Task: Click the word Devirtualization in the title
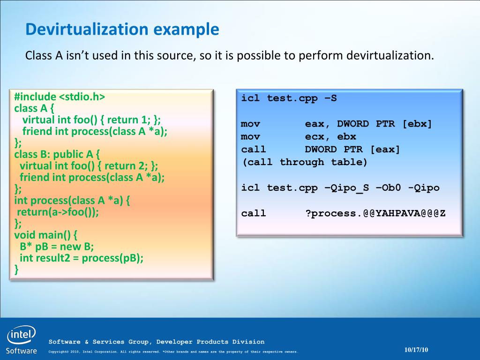pyautogui.click(x=87, y=29)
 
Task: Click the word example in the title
pyautogui.click(x=186, y=30)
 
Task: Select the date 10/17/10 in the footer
pyautogui.click(x=416, y=350)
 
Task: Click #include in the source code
pyautogui.click(x=35, y=97)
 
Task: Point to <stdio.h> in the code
pyautogui.click(x=82, y=97)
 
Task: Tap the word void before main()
pyautogui.click(x=25, y=235)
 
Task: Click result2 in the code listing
pyautogui.click(x=53, y=258)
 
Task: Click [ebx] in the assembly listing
pyautogui.click(x=417, y=124)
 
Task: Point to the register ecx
pyautogui.click(x=315, y=136)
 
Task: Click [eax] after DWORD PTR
pyautogui.click(x=385, y=150)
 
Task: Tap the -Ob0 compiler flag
pyautogui.click(x=389, y=187)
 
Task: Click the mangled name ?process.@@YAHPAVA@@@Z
pyautogui.click(x=375, y=213)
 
